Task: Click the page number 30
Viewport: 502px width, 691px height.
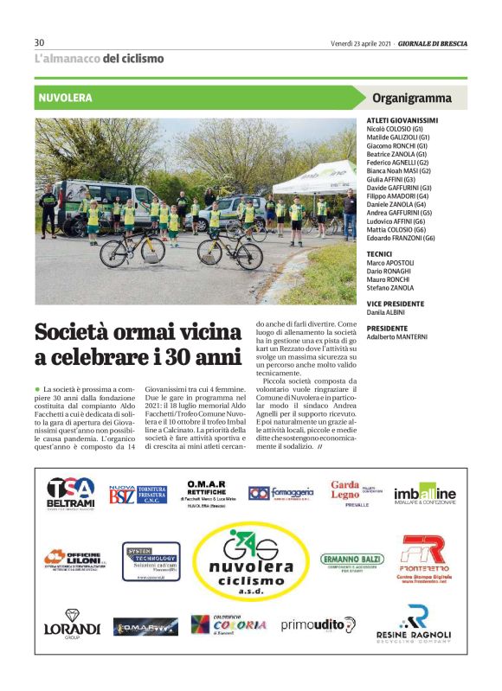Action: pyautogui.click(x=39, y=42)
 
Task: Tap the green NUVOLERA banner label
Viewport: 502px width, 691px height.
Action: pyautogui.click(x=65, y=98)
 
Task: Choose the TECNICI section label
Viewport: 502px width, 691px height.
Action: pyautogui.click(x=380, y=254)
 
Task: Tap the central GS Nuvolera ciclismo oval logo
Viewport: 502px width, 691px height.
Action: pyautogui.click(x=250, y=562)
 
